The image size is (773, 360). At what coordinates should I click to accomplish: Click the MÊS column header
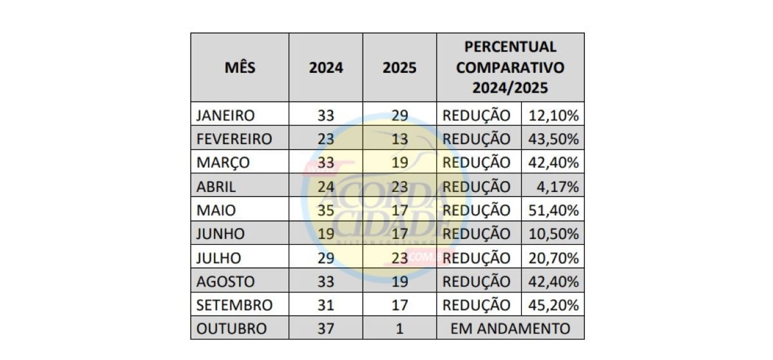(240, 68)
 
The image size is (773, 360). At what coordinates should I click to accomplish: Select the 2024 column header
(326, 68)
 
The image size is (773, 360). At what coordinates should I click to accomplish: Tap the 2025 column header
(399, 68)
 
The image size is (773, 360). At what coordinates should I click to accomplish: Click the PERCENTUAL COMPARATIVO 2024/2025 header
(510, 68)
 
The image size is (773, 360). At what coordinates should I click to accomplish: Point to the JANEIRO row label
(225, 116)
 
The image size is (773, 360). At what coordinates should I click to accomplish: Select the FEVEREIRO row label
(234, 139)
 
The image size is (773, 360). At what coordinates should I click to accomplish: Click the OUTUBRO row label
(231, 328)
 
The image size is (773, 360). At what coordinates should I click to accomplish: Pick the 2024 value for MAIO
(326, 211)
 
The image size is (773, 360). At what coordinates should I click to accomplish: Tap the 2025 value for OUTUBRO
(399, 328)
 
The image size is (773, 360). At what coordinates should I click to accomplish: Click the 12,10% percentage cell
(553, 116)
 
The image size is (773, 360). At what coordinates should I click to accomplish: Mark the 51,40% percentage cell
(553, 211)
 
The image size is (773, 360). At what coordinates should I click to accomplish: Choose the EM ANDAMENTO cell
(510, 328)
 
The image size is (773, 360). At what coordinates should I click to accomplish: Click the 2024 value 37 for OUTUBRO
(326, 328)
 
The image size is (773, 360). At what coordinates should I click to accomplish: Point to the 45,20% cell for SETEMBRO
(553, 305)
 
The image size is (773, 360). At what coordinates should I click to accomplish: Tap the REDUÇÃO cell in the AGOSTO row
(477, 281)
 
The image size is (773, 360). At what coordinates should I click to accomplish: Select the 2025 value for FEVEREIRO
(399, 139)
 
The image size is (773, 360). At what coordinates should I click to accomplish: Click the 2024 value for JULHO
(326, 258)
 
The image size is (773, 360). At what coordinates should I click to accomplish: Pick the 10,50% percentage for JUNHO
(553, 234)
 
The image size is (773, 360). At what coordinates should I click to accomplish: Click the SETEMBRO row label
(234, 305)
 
